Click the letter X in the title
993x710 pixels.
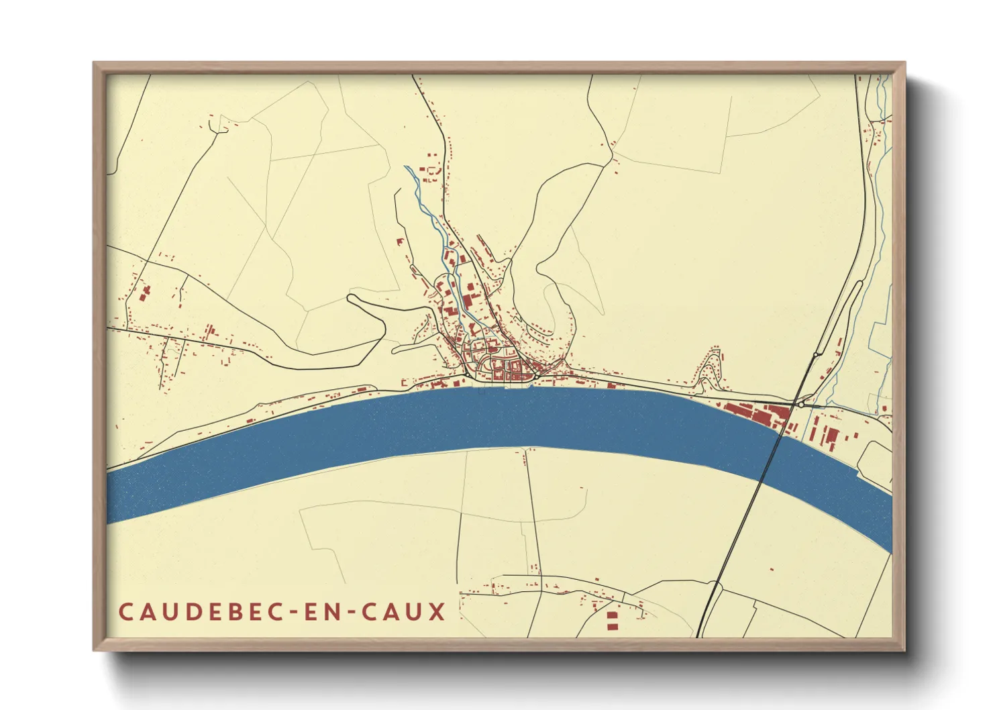coord(437,613)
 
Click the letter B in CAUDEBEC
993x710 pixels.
coord(232,613)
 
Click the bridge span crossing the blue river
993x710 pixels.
coord(772,456)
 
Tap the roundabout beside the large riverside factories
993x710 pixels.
coord(800,405)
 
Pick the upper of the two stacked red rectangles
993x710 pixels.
coord(611,614)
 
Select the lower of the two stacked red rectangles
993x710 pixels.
coord(611,625)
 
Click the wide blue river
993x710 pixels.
coord(470,423)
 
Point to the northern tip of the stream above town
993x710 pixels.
coord(405,166)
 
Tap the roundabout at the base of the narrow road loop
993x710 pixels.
coord(816,354)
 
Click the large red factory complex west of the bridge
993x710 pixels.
coord(755,414)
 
